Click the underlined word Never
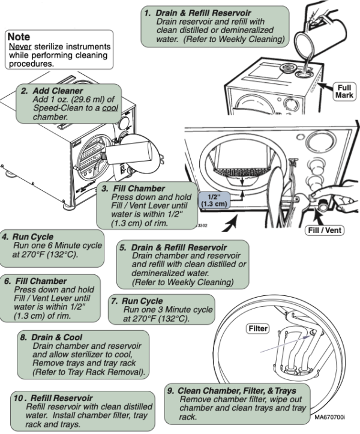click(x=20, y=47)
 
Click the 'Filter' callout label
click(x=259, y=329)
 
